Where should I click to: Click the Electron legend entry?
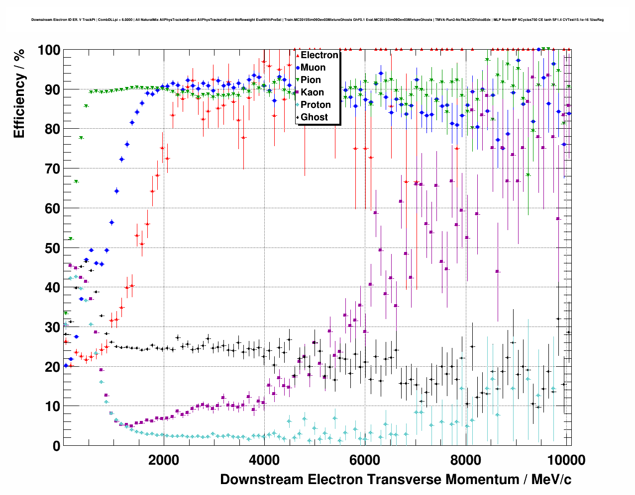319,55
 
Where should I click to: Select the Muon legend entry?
313,68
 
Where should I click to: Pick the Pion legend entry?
311,80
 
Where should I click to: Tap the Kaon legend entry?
312,92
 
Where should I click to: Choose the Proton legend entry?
316,105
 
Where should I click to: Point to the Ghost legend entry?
314,117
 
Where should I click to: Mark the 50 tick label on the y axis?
52,248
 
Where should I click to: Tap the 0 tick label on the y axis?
56,446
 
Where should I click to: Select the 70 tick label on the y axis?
52,169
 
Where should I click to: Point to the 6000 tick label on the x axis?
365,460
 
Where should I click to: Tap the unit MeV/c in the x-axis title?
551,480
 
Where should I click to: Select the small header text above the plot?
317,20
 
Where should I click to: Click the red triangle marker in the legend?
298,55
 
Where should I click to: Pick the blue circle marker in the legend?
298,68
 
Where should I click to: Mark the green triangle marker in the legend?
298,80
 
